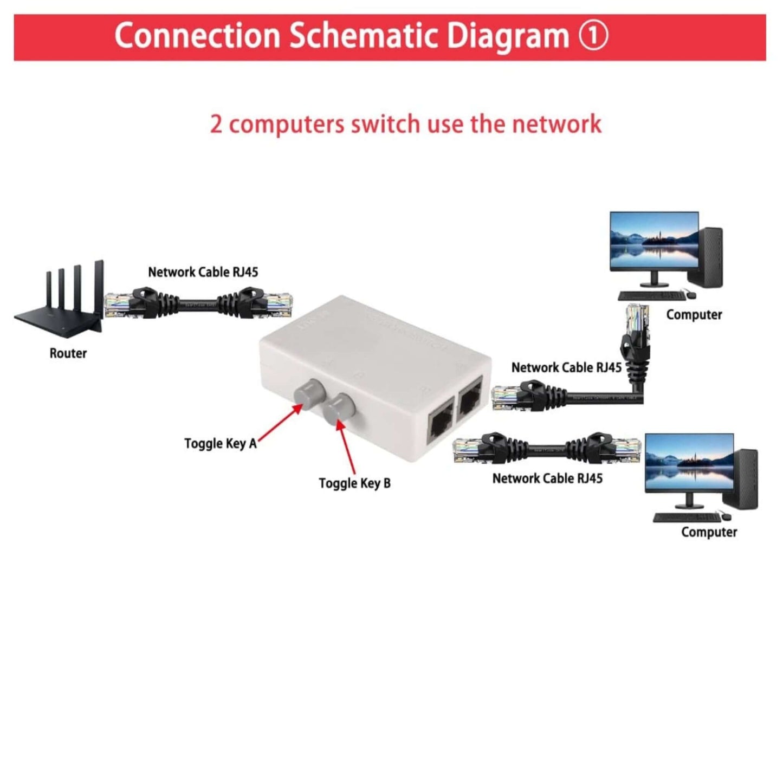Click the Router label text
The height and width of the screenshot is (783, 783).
click(x=68, y=353)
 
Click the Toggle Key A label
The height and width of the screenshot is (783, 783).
click(x=220, y=444)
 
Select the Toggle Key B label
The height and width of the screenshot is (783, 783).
click(x=354, y=483)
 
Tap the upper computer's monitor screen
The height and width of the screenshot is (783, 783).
click(x=653, y=241)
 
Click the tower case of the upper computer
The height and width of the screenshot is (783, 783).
click(x=706, y=257)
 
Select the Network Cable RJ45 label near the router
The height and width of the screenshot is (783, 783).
click(x=203, y=272)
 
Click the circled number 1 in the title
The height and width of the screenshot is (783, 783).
click(x=593, y=36)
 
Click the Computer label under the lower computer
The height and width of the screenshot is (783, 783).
click(x=709, y=532)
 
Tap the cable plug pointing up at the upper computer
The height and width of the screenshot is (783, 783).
click(x=637, y=325)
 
